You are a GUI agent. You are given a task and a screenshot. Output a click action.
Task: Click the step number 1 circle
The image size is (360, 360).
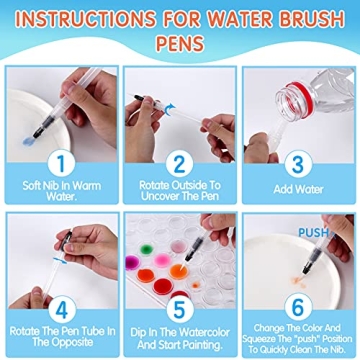(61, 161)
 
